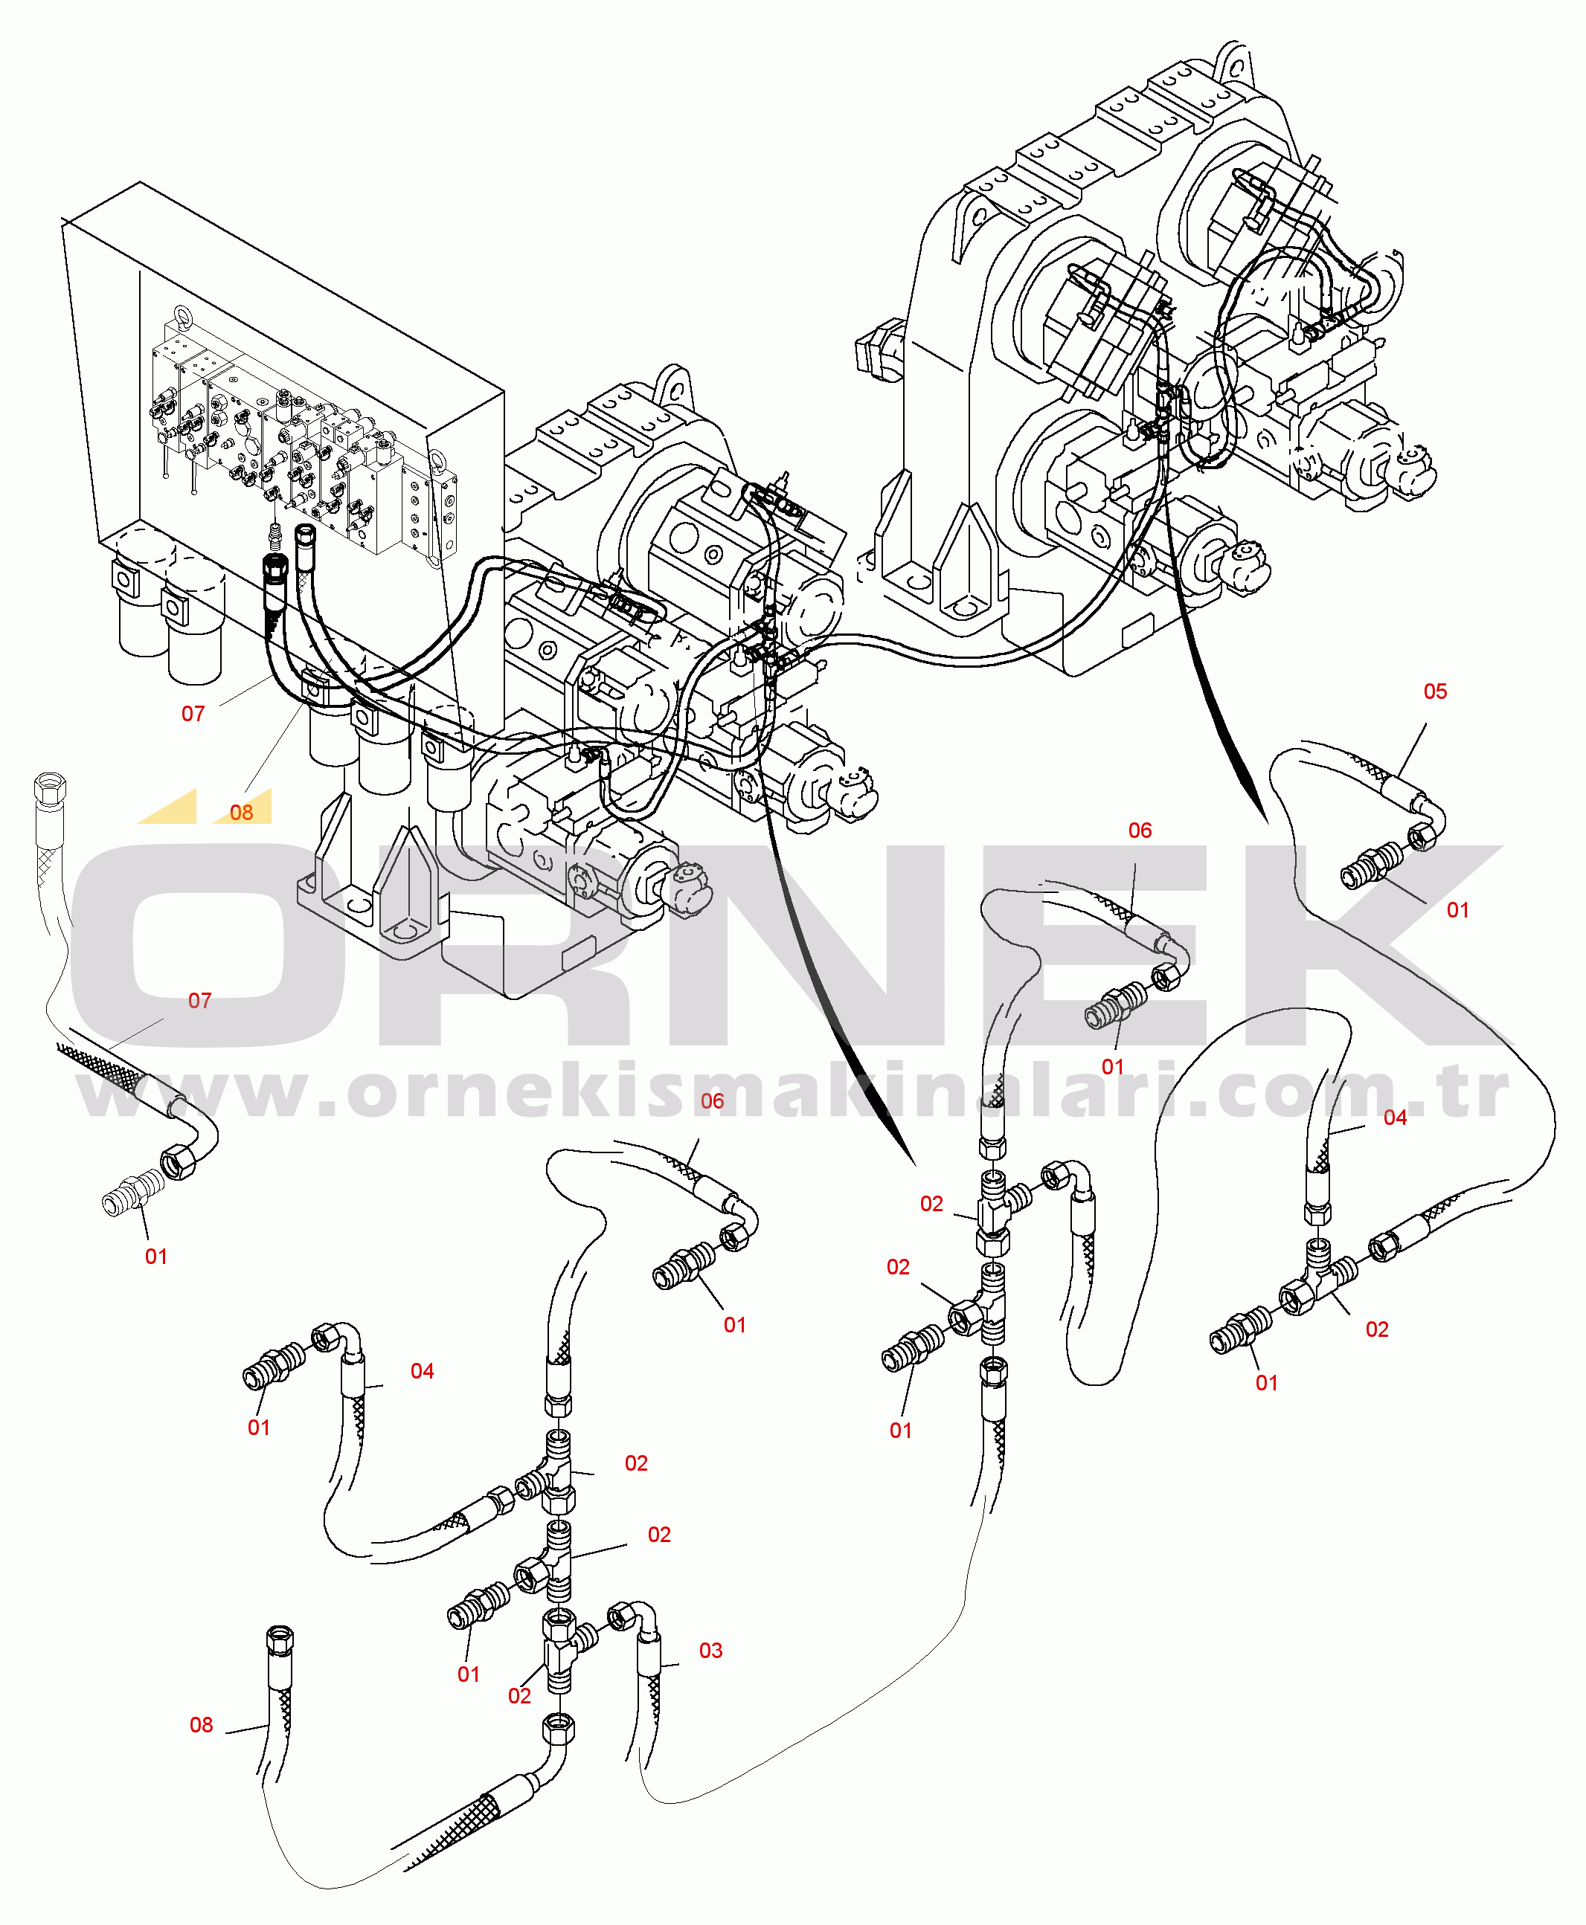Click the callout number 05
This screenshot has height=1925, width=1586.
[1434, 691]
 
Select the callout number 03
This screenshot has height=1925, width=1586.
[710, 1650]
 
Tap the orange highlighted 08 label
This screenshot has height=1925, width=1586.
[241, 812]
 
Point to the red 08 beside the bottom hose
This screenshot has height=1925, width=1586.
[201, 1724]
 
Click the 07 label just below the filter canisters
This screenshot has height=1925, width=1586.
[193, 713]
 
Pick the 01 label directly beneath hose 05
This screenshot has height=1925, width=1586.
[1457, 909]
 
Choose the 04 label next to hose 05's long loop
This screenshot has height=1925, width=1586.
[1394, 1117]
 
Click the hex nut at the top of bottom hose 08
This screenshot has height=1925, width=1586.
[280, 1636]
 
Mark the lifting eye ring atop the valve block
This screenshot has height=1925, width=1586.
[182, 317]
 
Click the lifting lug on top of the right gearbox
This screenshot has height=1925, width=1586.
[1233, 59]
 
